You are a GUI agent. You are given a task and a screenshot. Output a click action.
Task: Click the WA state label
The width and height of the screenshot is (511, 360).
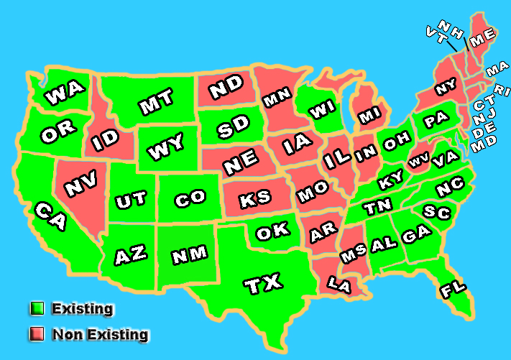(x=65, y=93)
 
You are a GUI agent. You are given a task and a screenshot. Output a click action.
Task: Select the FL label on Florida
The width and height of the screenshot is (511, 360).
(x=454, y=289)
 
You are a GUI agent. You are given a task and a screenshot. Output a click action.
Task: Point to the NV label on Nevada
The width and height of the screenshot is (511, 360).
(x=80, y=186)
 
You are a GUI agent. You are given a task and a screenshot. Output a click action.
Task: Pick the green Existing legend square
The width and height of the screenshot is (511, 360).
(x=37, y=309)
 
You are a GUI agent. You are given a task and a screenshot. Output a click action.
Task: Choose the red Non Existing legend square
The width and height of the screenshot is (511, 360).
(x=37, y=334)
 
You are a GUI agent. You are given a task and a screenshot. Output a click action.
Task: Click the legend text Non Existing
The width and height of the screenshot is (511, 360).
(x=100, y=334)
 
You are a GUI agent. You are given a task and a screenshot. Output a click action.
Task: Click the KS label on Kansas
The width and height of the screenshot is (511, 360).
(x=256, y=199)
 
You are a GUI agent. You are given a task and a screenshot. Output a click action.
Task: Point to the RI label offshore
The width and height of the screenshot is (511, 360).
(x=502, y=91)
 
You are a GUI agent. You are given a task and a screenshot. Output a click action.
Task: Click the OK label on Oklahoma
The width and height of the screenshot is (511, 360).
(x=272, y=231)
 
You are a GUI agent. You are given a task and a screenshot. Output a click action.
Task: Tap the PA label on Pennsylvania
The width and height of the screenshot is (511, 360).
(x=436, y=120)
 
